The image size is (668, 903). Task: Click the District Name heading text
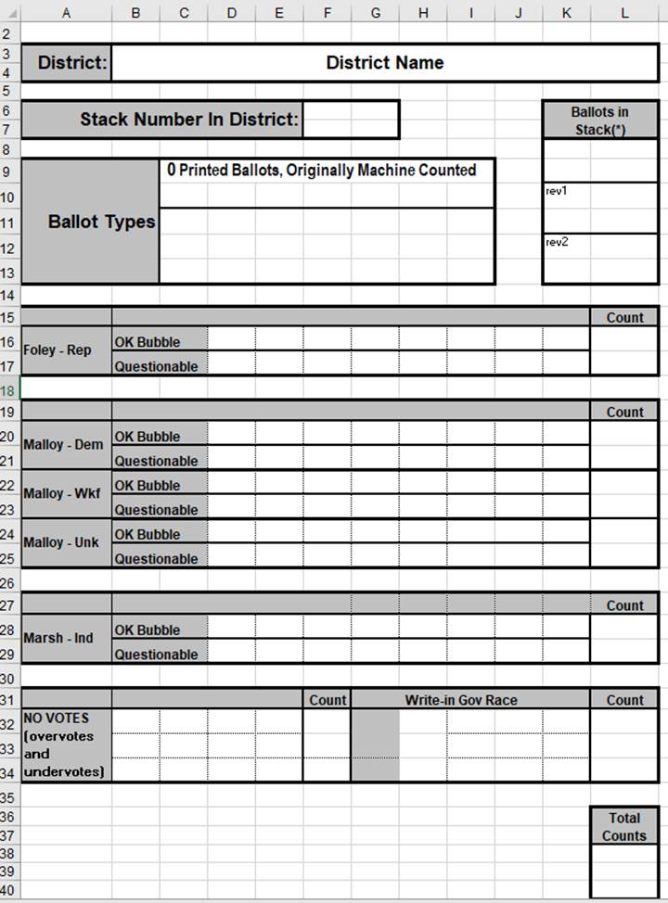pos(384,63)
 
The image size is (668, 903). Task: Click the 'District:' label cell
pos(72,64)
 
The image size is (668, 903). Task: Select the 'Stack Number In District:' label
pos(189,120)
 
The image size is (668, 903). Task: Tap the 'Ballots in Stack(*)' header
pos(599,121)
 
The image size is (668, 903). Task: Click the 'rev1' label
pos(557,191)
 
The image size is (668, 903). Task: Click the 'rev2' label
pos(557,242)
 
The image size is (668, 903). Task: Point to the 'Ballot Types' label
pos(101,223)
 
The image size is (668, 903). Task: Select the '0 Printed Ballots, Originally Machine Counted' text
pos(321,171)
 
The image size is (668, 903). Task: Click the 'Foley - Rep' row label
pos(57,350)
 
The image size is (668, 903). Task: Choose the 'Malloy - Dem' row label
pos(63,445)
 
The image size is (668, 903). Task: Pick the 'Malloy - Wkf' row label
pos(62,493)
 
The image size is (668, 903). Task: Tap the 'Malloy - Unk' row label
pos(62,542)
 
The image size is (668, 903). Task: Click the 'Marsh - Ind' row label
pos(57,638)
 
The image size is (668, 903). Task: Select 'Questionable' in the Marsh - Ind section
pos(156,655)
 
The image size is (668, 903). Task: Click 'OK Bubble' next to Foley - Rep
pos(147,342)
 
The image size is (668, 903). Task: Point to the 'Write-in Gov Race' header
pos(460,700)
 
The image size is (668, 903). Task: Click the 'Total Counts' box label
pos(623,827)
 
